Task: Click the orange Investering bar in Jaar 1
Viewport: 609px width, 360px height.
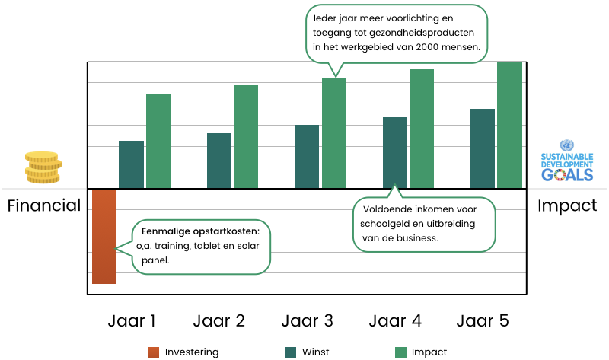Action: click(104, 236)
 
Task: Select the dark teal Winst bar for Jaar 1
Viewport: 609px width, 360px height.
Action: click(131, 164)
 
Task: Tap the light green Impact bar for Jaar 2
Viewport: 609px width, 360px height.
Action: click(246, 136)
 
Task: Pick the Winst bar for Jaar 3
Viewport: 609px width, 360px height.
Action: click(307, 156)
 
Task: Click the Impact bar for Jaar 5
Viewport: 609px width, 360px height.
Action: click(509, 124)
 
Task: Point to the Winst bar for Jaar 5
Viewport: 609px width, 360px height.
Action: click(483, 148)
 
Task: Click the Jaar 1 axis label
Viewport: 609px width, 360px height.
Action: click(132, 320)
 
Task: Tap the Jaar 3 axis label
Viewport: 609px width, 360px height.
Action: click(307, 320)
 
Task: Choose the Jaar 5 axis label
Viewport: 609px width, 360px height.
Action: click(483, 320)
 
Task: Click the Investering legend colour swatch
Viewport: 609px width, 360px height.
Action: click(154, 352)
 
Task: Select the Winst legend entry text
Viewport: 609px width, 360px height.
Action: click(316, 352)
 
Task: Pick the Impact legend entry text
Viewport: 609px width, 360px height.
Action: click(429, 352)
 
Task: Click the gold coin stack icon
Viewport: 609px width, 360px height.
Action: click(42, 167)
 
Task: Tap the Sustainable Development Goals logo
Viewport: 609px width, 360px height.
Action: click(566, 161)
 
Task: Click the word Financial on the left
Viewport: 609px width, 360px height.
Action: click(44, 205)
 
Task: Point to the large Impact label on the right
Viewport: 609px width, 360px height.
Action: click(567, 205)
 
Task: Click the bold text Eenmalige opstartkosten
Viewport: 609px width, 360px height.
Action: click(200, 231)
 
